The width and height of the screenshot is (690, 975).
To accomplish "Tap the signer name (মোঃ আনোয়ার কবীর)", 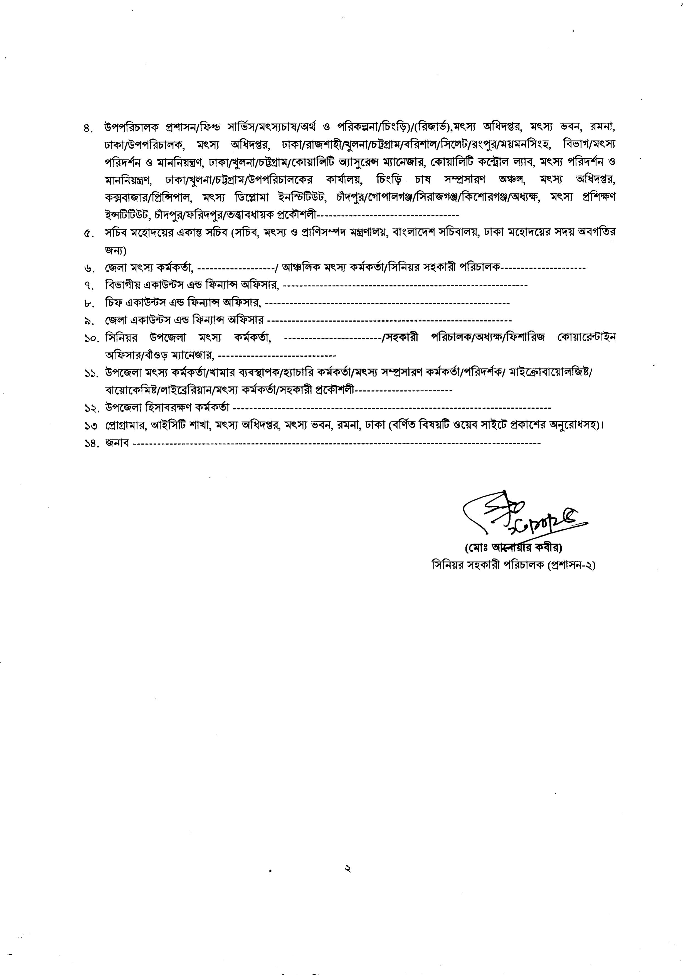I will (x=513, y=548).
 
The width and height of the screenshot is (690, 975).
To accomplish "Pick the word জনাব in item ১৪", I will (x=117, y=444).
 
